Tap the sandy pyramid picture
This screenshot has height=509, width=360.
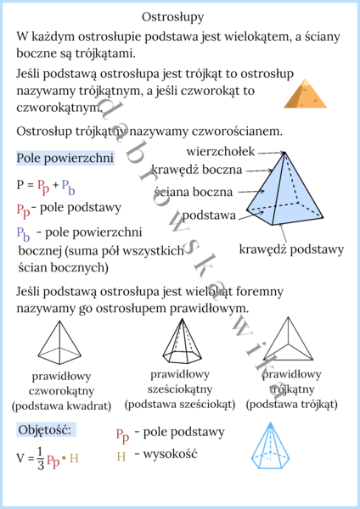(304, 92)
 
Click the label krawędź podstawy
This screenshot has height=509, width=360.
(291, 249)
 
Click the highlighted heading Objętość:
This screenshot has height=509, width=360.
(47, 429)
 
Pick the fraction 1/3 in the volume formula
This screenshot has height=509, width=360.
(39, 459)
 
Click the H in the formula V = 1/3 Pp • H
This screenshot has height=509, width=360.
(74, 459)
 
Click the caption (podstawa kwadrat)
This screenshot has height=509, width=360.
(61, 406)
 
